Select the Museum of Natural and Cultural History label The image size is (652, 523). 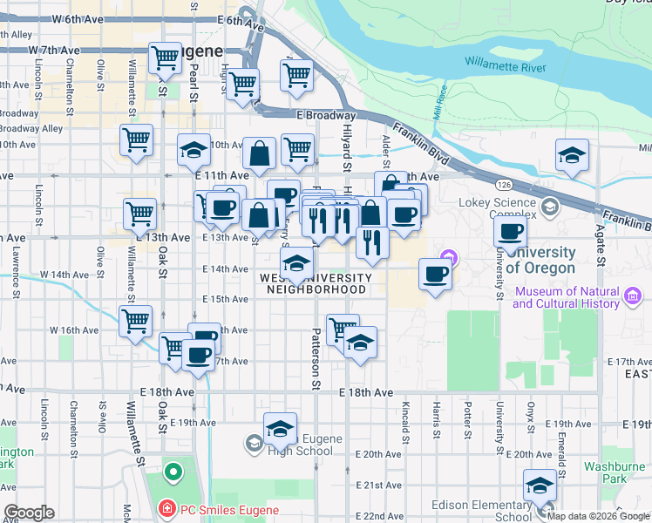(x=570, y=297)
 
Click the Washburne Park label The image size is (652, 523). (x=615, y=472)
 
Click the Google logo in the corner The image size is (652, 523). (x=28, y=513)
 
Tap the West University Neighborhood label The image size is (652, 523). (x=316, y=283)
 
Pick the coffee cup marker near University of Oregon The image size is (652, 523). (x=435, y=275)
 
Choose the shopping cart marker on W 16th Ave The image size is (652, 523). (x=136, y=322)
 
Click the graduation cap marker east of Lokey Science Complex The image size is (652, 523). (x=572, y=157)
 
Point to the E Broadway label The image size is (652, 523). (x=326, y=115)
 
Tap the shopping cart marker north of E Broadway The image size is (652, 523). (x=297, y=76)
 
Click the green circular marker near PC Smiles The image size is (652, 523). (x=173, y=473)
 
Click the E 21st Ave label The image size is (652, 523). (x=377, y=485)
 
